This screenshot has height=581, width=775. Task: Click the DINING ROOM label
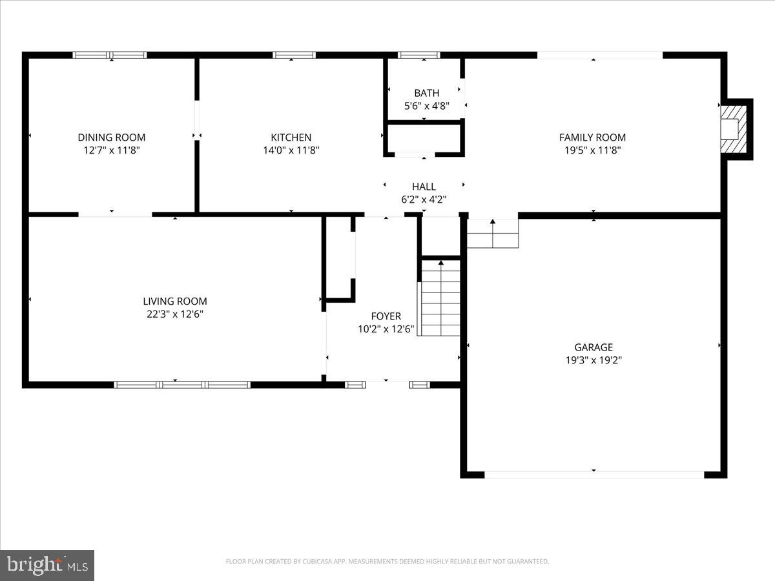pyautogui.click(x=112, y=138)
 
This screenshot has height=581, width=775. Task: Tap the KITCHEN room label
pyautogui.click(x=291, y=138)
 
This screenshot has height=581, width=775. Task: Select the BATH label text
pyautogui.click(x=426, y=94)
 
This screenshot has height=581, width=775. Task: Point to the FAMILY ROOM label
pyautogui.click(x=592, y=138)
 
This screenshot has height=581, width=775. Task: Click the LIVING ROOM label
pyautogui.click(x=175, y=301)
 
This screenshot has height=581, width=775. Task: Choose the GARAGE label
pyautogui.click(x=594, y=347)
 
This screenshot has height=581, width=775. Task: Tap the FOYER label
pyautogui.click(x=386, y=316)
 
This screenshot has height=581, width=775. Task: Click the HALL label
pyautogui.click(x=424, y=187)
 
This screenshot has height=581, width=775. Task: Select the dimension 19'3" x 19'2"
pyautogui.click(x=594, y=360)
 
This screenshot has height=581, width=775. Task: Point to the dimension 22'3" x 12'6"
pyautogui.click(x=175, y=314)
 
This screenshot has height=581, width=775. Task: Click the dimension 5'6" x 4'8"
pyautogui.click(x=426, y=106)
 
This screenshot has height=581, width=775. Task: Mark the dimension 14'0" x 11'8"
pyautogui.click(x=291, y=150)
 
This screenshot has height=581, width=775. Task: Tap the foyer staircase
pyautogui.click(x=440, y=297)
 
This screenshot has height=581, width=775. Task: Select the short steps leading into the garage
pyautogui.click(x=493, y=233)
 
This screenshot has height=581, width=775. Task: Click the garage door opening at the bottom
pyautogui.click(x=594, y=474)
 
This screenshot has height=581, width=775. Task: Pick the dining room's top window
pyautogui.click(x=110, y=56)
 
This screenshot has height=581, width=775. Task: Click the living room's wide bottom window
pyautogui.click(x=182, y=385)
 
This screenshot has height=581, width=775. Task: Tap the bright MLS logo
pyautogui.click(x=47, y=566)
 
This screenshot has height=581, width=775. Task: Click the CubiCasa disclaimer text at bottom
pyautogui.click(x=387, y=562)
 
